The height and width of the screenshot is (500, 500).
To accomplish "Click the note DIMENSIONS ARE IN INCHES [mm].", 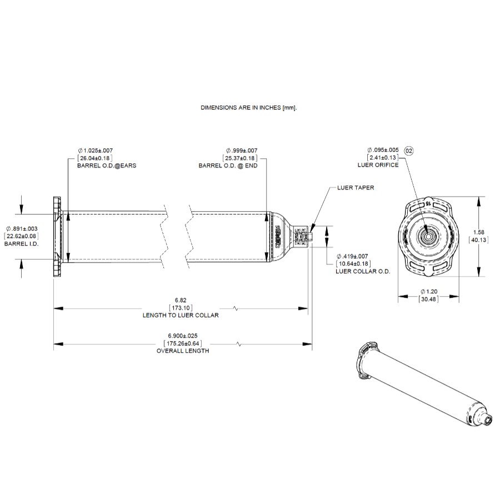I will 249,108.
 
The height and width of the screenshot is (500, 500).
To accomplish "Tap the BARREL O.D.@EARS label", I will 107,166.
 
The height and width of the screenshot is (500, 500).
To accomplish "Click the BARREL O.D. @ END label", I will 228,166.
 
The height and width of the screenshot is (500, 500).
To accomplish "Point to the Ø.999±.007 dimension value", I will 242,151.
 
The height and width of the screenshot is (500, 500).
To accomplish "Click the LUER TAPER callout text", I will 356,188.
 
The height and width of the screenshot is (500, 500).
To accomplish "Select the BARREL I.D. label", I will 22,244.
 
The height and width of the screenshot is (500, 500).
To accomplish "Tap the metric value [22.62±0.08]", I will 22,236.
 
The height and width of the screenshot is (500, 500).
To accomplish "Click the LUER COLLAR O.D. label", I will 363,271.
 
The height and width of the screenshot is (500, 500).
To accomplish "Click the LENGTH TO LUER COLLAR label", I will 181,315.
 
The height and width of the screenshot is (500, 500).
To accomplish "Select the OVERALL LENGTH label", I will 183,351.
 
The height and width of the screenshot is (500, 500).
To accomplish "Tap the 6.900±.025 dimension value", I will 183,336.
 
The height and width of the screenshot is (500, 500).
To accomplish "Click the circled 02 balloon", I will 409,151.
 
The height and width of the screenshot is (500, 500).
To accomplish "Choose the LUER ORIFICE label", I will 378,165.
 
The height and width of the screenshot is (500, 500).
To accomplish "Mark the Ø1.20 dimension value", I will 428,291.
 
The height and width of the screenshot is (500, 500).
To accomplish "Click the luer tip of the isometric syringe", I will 488,421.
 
